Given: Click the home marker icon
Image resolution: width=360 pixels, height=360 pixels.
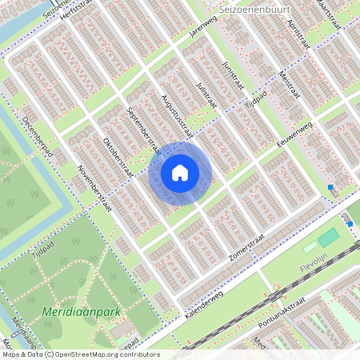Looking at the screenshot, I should tap(180, 173).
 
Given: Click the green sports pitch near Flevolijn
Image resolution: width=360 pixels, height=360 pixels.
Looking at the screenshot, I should tap(329, 238).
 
